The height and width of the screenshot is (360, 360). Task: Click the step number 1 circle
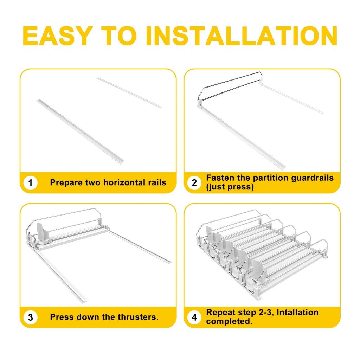click(30, 183)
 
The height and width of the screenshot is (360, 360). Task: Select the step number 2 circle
click(194, 183)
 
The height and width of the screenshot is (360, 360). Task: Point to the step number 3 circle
click(30, 317)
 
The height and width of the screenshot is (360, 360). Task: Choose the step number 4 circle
click(194, 317)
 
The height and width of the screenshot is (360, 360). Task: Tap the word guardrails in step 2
click(312, 178)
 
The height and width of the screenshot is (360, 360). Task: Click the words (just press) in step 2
click(230, 187)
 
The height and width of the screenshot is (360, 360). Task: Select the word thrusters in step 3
click(138, 317)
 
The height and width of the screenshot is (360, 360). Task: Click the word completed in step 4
click(229, 321)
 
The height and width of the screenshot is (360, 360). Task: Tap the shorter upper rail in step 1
click(129, 92)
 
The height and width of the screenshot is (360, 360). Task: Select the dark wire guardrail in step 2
click(230, 85)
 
